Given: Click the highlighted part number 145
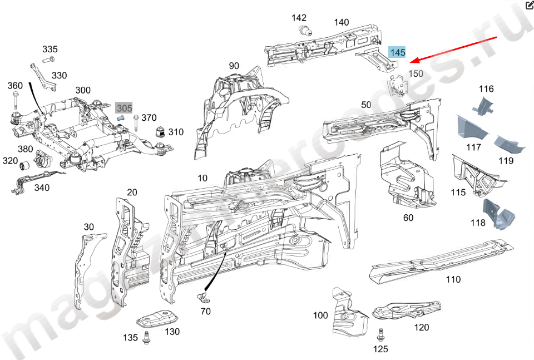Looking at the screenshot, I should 397,52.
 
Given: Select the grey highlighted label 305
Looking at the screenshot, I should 123,108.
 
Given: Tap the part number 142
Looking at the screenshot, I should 299,18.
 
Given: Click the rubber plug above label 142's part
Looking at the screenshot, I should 304,30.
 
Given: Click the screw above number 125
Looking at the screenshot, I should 380,335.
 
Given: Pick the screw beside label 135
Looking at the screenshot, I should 147,337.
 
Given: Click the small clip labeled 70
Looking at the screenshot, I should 203,295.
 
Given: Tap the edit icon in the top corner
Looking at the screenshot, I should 528,6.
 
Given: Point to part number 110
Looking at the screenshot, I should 453,279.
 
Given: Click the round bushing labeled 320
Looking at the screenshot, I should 24,166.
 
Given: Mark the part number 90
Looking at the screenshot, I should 234,66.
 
